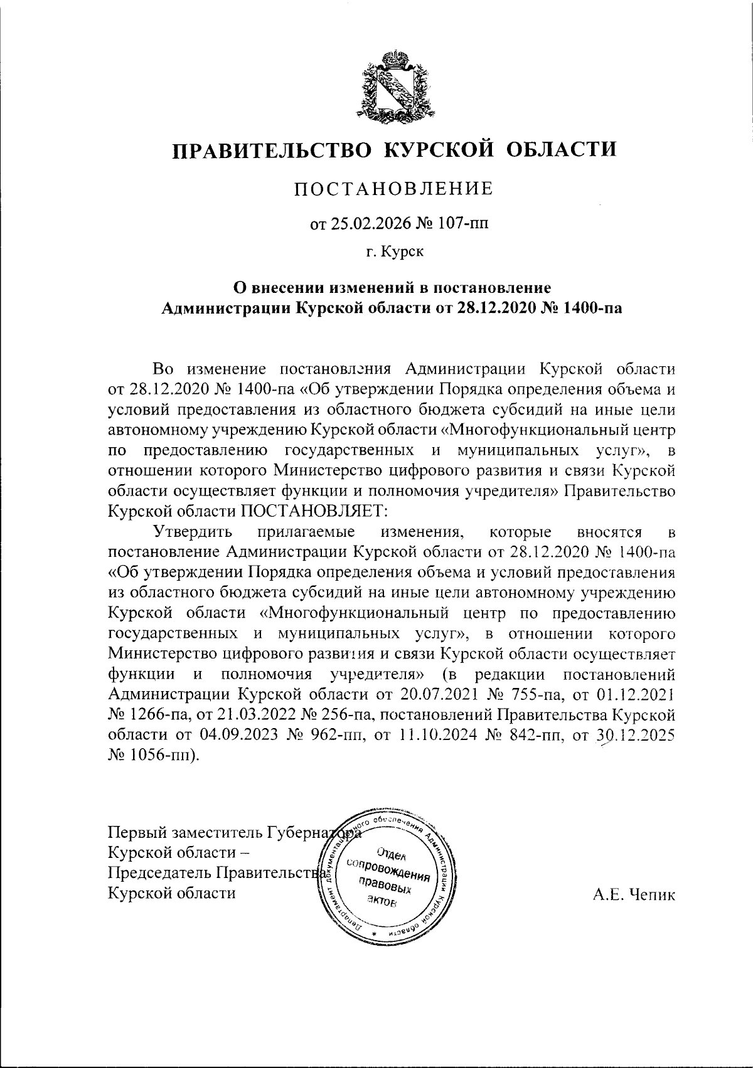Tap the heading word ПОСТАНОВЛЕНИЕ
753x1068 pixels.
[394, 189]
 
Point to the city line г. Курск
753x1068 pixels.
[395, 252]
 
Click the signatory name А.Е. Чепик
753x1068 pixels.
[634, 894]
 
